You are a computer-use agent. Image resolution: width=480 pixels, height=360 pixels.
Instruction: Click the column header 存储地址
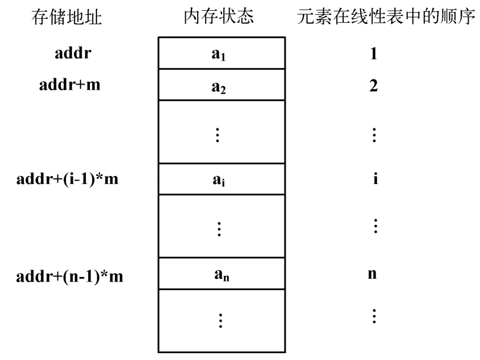click(x=66, y=17)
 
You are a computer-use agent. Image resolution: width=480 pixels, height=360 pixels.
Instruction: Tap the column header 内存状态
click(x=219, y=16)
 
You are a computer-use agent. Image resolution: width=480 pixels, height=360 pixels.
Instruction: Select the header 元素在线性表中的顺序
click(x=386, y=16)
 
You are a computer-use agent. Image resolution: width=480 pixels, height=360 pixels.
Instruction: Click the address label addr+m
click(x=70, y=85)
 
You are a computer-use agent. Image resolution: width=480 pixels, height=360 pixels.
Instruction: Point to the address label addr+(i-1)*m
click(x=68, y=179)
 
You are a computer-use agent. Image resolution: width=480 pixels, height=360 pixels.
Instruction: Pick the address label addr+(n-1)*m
click(x=69, y=276)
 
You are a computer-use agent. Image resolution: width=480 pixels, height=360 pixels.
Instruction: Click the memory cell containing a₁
click(x=222, y=53)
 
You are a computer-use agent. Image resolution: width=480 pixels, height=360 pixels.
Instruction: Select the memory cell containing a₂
click(x=222, y=85)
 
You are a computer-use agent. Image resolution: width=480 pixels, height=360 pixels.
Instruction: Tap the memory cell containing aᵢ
click(x=222, y=179)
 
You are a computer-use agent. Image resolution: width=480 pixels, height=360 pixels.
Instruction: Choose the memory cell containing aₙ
click(x=222, y=273)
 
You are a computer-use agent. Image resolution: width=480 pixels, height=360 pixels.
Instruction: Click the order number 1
click(x=373, y=53)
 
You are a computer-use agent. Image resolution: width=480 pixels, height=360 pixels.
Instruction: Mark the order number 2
click(x=373, y=85)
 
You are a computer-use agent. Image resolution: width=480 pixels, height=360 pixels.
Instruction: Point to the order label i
click(x=375, y=178)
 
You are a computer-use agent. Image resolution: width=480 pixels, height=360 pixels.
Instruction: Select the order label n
click(x=372, y=274)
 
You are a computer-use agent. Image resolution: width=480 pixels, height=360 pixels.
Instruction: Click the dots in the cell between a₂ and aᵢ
click(x=218, y=135)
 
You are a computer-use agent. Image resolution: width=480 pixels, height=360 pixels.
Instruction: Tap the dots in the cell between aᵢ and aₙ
click(x=219, y=229)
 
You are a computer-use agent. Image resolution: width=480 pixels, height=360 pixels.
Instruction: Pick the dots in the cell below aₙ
click(x=220, y=320)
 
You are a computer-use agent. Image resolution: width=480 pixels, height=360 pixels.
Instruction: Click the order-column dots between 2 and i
click(x=374, y=135)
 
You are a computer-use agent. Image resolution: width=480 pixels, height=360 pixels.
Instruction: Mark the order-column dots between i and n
click(x=375, y=226)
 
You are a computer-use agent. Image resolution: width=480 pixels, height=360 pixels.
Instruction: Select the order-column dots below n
click(x=374, y=316)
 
